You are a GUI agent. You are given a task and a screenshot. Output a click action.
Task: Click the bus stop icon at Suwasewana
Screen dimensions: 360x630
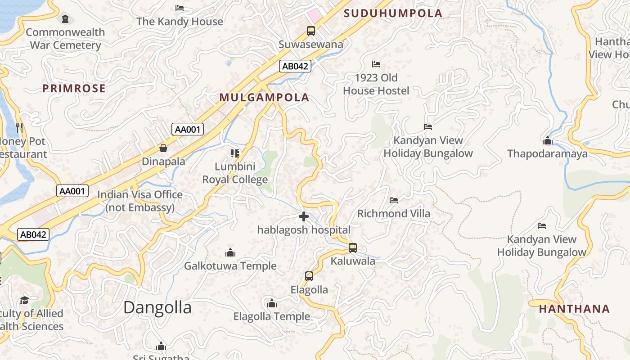(311, 31)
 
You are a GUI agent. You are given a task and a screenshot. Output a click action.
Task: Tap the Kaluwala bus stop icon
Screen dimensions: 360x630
(353, 248)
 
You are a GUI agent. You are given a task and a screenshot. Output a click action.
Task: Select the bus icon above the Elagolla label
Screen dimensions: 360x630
(309, 276)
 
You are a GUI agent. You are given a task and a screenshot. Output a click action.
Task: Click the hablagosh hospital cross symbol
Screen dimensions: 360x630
(304, 217)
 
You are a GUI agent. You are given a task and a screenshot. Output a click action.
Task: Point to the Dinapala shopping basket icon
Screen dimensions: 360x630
(163, 148)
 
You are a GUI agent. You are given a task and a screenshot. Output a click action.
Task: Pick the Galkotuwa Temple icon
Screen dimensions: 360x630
(230, 252)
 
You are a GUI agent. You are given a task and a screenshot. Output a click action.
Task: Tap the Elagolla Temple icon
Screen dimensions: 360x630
(271, 303)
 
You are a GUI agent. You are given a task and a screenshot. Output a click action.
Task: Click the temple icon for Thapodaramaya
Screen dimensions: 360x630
(547, 140)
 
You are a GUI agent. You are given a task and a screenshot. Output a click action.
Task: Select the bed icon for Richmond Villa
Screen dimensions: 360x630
(394, 200)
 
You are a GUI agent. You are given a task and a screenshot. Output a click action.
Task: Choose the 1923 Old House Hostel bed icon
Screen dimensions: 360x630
(376, 64)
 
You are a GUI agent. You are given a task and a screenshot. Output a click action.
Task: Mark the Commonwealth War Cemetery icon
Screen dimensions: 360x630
(66, 19)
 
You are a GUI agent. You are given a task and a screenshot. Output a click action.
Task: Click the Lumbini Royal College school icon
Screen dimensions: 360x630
(235, 153)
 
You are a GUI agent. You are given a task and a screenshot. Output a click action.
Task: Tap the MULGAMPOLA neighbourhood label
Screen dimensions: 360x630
(265, 98)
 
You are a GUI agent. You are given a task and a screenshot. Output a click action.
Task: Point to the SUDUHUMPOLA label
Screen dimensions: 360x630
(393, 13)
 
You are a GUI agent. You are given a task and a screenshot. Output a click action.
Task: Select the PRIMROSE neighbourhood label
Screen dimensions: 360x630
(74, 89)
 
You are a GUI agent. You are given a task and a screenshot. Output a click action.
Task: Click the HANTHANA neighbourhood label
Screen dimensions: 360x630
(574, 309)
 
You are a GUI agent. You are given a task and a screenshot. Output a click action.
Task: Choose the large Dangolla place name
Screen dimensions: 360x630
(157, 308)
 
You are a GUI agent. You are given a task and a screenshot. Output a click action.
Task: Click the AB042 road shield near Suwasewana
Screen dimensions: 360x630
(295, 66)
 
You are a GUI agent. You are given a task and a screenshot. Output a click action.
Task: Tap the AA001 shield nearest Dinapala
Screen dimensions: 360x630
(188, 130)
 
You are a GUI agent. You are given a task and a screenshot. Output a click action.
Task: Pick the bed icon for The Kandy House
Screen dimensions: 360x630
(180, 8)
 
